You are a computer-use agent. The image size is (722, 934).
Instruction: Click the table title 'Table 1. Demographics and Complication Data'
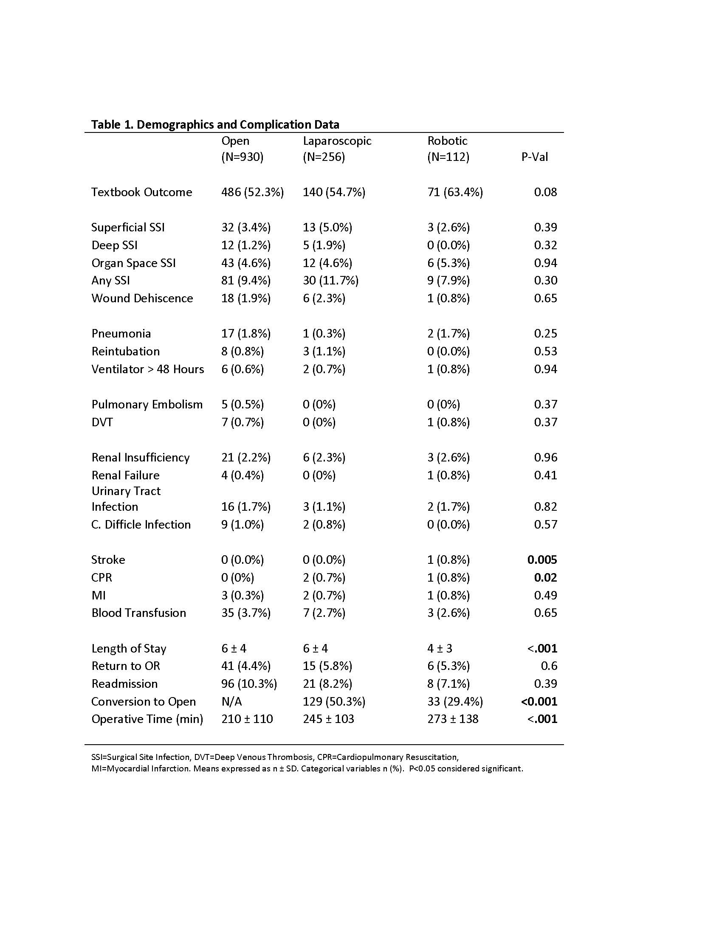pos(215,124)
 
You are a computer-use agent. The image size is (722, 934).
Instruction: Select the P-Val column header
pos(534,157)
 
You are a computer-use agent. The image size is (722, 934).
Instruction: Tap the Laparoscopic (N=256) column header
pos(337,149)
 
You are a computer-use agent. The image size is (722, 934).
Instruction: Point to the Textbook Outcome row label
pos(141,192)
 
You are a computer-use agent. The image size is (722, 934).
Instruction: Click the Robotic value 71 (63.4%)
pos(455,192)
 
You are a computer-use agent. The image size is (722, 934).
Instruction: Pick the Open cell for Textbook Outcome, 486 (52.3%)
pos(252,192)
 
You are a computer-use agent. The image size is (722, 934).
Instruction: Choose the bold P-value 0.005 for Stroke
pos(542,560)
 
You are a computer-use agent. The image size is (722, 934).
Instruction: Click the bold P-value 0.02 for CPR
pos(545,577)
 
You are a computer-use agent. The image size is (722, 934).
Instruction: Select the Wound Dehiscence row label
pos(142,298)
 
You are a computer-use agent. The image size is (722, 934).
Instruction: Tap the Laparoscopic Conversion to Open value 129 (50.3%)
pos(334,701)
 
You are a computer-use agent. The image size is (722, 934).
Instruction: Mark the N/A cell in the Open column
pos(231,701)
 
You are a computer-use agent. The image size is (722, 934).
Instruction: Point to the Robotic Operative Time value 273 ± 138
pos(453,719)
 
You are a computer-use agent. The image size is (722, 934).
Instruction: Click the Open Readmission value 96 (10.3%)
pos(249,684)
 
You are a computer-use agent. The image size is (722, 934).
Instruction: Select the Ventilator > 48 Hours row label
pos(147,369)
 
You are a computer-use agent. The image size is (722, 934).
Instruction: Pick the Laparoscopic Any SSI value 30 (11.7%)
pos(330,280)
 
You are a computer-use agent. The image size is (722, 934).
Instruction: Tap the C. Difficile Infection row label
pos(141,524)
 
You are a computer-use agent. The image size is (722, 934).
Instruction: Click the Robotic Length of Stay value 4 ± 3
pos(440,648)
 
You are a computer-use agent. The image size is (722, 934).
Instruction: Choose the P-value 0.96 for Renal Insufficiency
pos(545,457)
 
